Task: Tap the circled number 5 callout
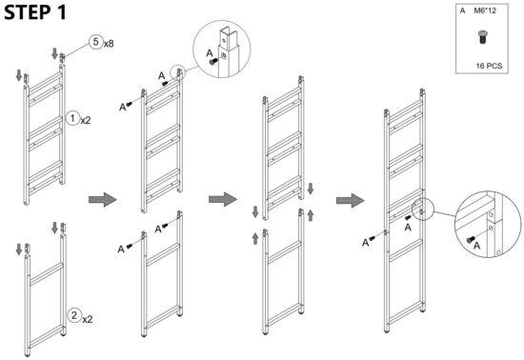[96, 42]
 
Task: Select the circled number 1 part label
[72, 119]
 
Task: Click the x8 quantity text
[111, 43]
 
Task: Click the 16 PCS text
[489, 67]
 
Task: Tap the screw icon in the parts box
[482, 37]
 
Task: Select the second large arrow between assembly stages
[222, 196]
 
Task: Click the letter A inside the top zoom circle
[211, 55]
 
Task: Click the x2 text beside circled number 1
[87, 120]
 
